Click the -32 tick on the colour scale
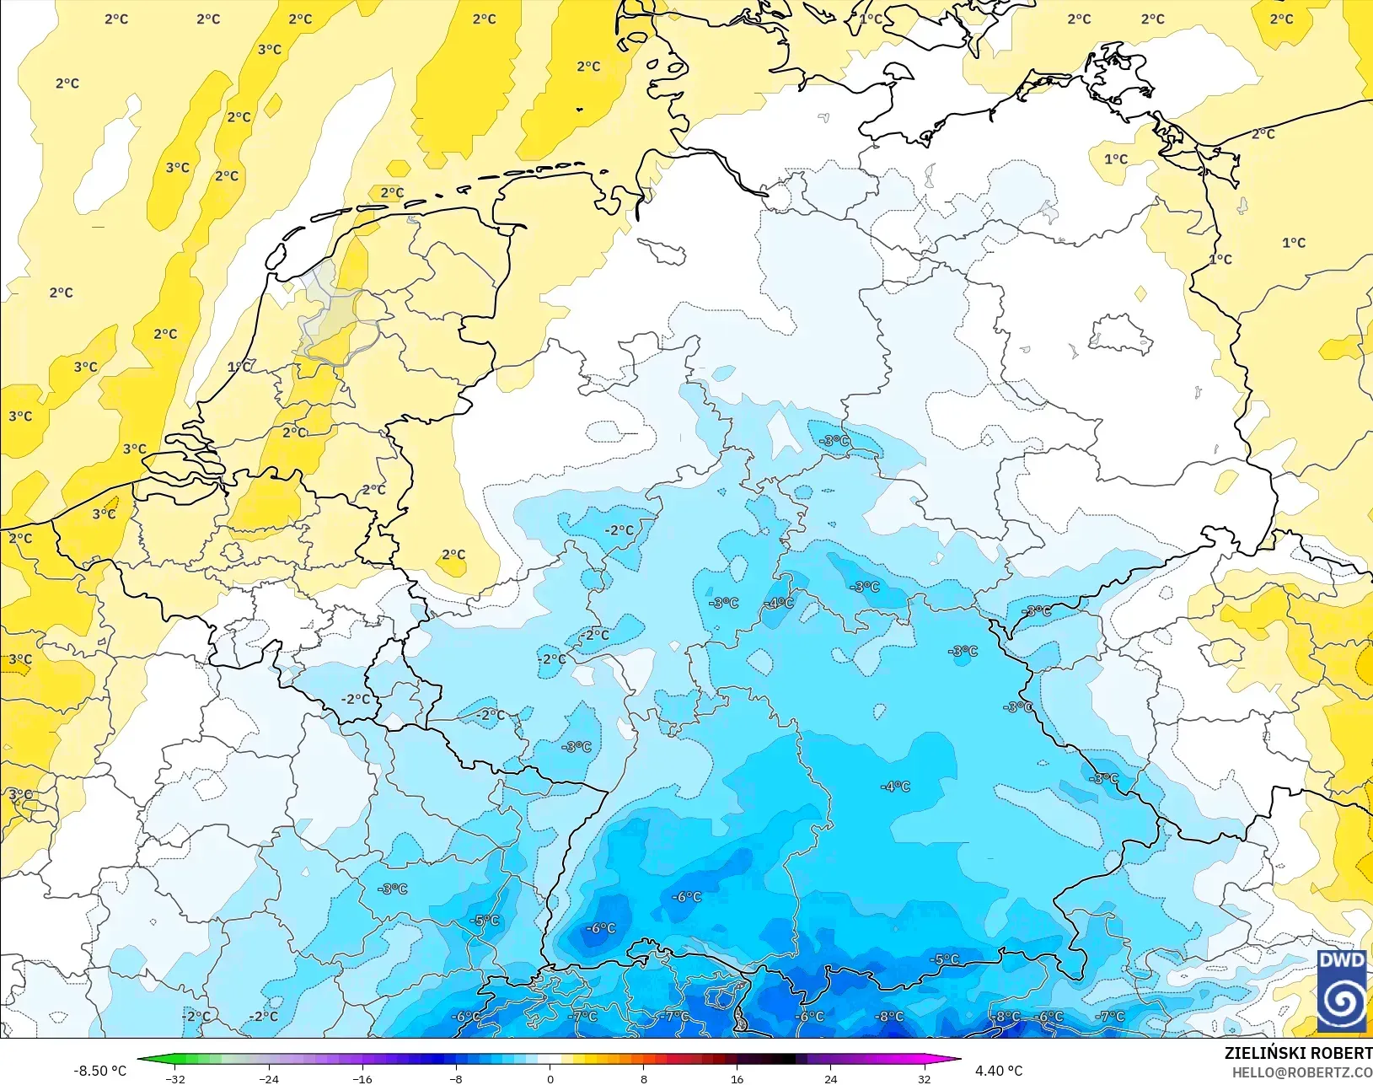pos(175,1078)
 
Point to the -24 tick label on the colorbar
pos(268,1078)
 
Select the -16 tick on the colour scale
pos(362,1078)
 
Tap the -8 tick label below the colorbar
pos(456,1078)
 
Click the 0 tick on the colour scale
pos(550,1078)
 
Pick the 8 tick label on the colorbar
pos(644,1078)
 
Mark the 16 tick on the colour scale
pos(737,1078)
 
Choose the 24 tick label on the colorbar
pos(831,1078)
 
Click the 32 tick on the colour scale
pos(925,1078)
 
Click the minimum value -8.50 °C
pos(99,1071)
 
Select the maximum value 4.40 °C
pos(999,1071)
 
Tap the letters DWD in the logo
pos(1342,961)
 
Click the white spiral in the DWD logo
pos(1342,1002)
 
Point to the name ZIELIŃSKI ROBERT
pos(1298,1053)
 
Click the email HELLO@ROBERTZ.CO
pos(1302,1072)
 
